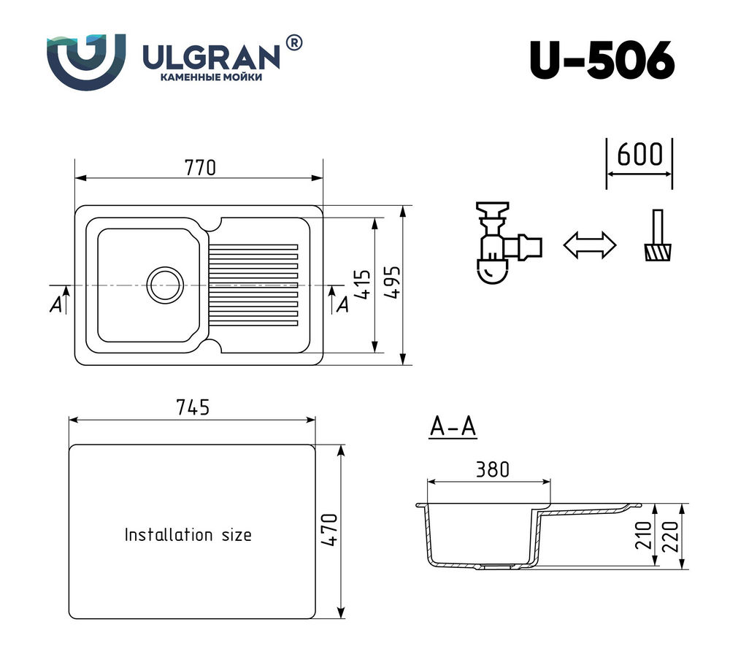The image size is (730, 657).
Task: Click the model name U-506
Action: click(601, 61)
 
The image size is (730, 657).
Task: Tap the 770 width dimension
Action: click(199, 167)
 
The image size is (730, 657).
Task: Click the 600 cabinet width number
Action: click(639, 155)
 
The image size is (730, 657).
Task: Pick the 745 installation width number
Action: click(193, 408)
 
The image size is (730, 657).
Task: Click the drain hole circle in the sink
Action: click(166, 284)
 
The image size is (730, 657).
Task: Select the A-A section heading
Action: click(453, 427)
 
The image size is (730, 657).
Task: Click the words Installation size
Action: click(188, 535)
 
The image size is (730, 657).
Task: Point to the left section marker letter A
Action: click(55, 305)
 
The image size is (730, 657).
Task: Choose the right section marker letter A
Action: click(342, 305)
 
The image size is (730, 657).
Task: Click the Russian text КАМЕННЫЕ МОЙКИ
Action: click(210, 77)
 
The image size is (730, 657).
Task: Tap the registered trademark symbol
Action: click(293, 44)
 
